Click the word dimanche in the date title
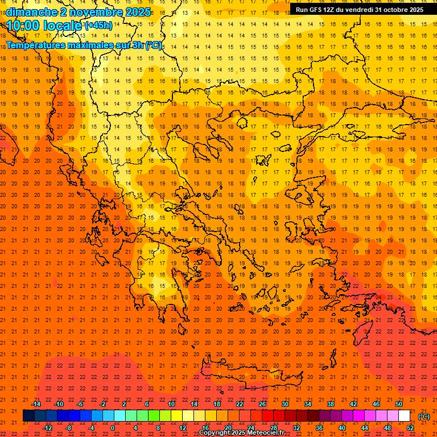click(32, 12)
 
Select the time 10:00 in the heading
click(23, 26)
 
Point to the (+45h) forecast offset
click(98, 26)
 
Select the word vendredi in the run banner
click(362, 10)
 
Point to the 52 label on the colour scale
click(410, 428)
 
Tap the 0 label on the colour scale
click(113, 428)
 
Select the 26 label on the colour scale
click(262, 404)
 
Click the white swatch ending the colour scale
click(405, 416)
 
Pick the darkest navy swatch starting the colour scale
click(28, 416)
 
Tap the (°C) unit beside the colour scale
click(424, 417)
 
